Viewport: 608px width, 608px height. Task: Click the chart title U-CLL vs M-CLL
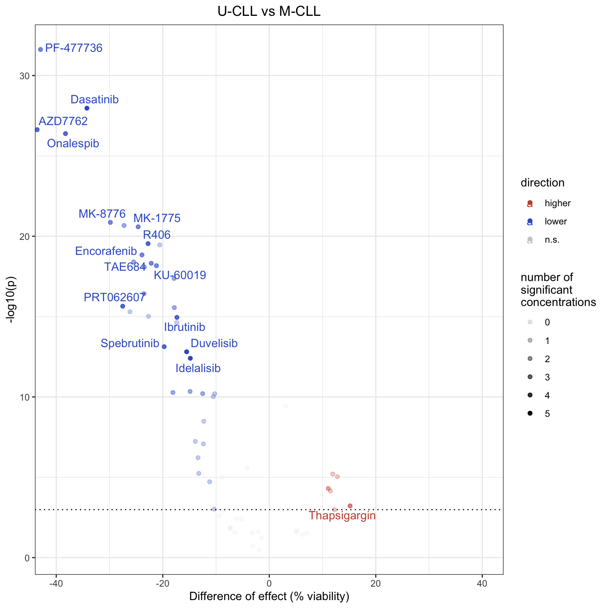pos(269,11)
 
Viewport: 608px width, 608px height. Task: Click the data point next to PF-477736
pos(40,49)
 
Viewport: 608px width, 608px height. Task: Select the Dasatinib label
pos(95,100)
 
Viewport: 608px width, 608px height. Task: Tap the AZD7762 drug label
pos(63,121)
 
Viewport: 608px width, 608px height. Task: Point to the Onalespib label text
pos(73,143)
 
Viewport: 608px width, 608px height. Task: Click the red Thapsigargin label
pos(342,516)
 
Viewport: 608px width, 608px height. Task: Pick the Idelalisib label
pos(198,369)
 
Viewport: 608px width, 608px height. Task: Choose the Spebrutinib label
pos(130,344)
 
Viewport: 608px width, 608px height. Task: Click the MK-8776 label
pos(102,214)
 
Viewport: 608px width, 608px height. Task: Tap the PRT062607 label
pos(114,298)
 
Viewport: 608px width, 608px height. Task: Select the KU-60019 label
pos(180,275)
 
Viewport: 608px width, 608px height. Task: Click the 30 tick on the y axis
pos(25,76)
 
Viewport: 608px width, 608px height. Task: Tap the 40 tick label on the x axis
pos(482,584)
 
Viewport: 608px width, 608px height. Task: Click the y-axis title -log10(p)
pos(12,299)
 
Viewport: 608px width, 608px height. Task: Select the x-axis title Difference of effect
pos(269,597)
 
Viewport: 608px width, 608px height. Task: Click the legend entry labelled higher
pos(557,203)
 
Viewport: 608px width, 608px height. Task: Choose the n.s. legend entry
pos(552,240)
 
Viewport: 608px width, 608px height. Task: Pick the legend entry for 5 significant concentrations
pos(547,414)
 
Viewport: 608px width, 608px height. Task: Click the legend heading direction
pos(542,183)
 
